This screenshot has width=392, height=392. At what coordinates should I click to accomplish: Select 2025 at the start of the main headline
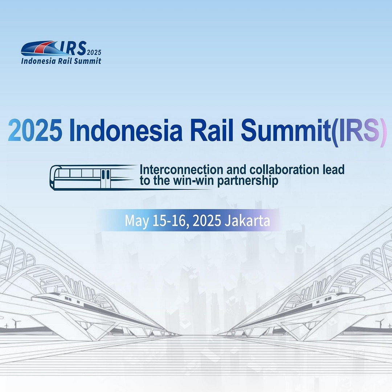pos(35,130)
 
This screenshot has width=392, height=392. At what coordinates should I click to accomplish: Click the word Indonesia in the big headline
pos(126,130)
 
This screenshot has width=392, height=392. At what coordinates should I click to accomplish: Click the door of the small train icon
pos(105,178)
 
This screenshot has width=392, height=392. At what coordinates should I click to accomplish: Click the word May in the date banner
pos(136,220)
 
